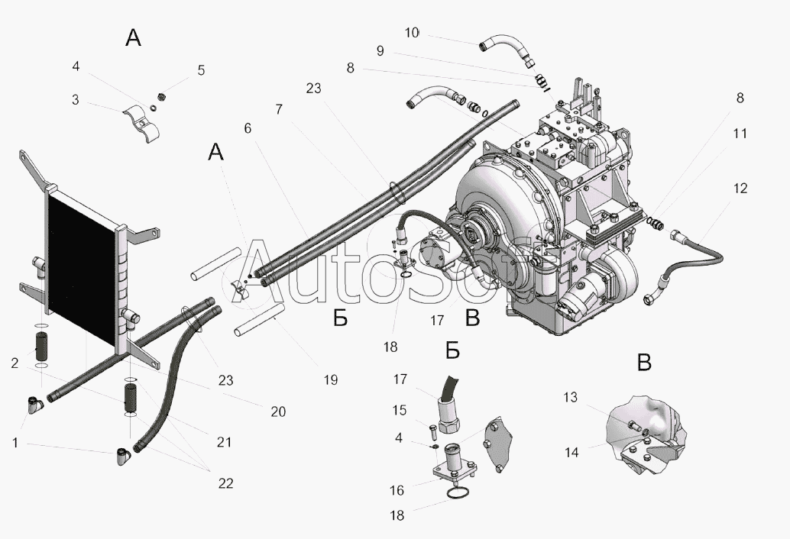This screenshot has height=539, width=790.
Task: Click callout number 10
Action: click(412, 33)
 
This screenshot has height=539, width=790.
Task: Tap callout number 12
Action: click(740, 188)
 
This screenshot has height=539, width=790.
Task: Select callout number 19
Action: click(330, 379)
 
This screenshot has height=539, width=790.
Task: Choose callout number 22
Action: click(225, 483)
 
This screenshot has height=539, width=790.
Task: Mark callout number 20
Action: click(277, 412)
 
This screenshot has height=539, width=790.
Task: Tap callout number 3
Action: click(76, 99)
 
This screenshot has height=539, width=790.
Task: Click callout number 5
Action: click(201, 71)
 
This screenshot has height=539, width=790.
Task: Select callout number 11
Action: click(740, 133)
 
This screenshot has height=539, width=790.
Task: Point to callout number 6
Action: click(248, 130)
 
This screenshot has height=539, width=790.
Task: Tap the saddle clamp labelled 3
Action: click(143, 121)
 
